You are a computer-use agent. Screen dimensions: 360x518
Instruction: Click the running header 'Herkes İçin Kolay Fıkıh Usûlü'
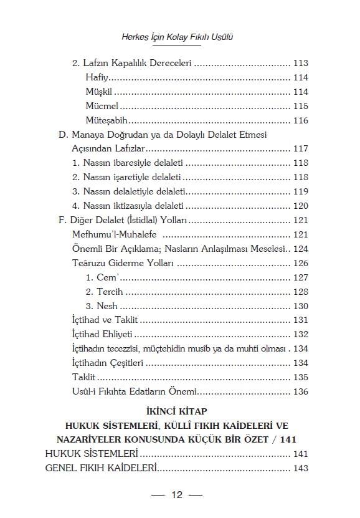180,37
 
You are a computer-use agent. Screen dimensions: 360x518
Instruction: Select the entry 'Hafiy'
97,77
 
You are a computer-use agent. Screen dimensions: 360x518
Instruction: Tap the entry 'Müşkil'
98,92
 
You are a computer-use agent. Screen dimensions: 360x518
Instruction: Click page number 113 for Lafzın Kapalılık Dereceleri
300,63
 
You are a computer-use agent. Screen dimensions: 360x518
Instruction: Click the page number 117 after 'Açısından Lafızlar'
300,149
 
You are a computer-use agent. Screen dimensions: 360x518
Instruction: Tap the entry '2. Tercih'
105,292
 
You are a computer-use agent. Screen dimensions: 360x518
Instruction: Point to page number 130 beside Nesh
300,306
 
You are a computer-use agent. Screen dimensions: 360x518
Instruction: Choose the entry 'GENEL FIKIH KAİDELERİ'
100,468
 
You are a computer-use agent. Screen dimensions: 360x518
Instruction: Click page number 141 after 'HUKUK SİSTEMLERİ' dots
300,454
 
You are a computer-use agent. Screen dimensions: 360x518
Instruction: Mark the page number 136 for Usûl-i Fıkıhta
300,391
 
